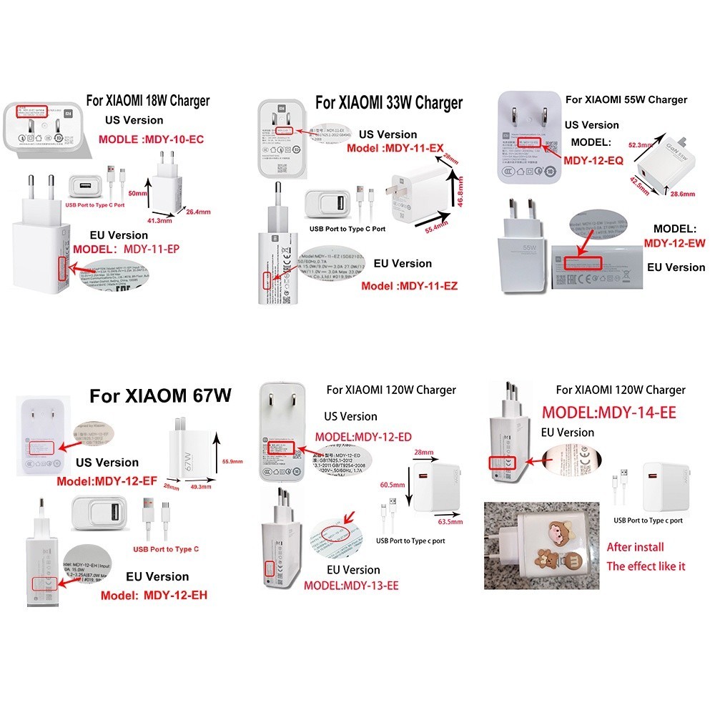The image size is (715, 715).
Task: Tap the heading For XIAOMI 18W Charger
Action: coord(148,101)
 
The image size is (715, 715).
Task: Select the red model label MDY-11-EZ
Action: coord(409,286)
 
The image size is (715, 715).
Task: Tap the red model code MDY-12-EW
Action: coord(674,244)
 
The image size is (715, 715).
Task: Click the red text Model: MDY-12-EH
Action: coord(154,595)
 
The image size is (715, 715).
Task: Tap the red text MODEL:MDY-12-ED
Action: coord(363,437)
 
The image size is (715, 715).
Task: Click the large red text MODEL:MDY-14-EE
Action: coord(608,413)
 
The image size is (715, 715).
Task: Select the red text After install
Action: coord(635,547)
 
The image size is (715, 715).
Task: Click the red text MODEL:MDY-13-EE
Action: coord(351,586)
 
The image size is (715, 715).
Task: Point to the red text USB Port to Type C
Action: coord(166,550)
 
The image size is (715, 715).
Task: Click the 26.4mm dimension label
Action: coord(198,211)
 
